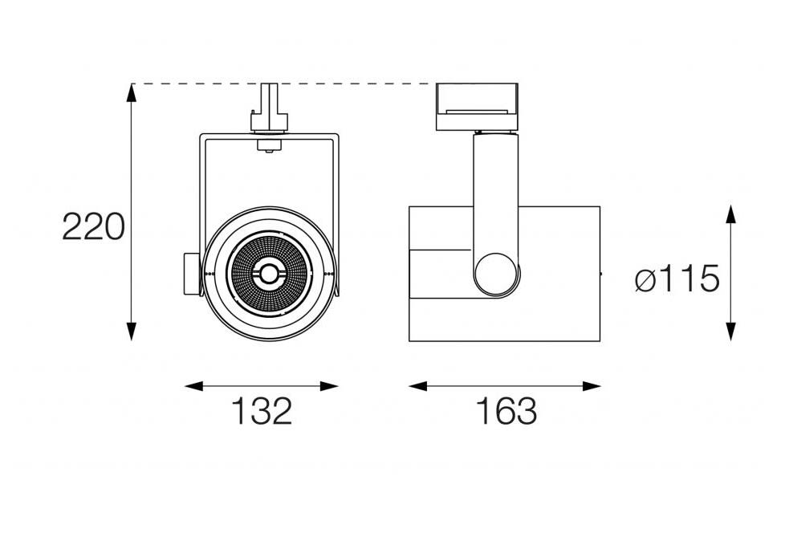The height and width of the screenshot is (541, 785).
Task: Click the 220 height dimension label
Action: click(93, 226)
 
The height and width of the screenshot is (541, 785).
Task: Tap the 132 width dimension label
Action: click(262, 411)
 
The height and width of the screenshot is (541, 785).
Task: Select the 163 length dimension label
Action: click(506, 411)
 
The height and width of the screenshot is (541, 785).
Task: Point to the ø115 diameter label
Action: click(677, 279)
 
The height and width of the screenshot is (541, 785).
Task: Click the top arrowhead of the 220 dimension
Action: click(131, 92)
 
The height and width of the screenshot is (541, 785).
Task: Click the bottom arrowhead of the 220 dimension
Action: click(131, 332)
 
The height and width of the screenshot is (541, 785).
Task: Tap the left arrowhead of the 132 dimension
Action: click(194, 386)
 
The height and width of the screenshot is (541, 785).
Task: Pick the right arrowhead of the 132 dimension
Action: click(329, 386)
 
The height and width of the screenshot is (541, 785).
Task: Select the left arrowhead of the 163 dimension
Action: click(418, 386)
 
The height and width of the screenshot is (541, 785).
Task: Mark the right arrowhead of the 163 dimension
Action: click(592, 386)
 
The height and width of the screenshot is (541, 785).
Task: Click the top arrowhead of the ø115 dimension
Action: click(731, 214)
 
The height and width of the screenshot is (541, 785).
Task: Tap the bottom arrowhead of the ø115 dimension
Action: click(731, 332)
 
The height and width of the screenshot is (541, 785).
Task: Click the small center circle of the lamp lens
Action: click(268, 274)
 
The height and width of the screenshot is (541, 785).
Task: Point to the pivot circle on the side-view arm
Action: click(497, 275)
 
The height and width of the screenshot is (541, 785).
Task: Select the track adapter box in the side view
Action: click(477, 107)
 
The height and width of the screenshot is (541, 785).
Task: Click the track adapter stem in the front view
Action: click(270, 108)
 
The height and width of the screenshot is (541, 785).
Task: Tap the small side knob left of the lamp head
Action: click(192, 275)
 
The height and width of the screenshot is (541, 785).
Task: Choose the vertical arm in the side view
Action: click(496, 200)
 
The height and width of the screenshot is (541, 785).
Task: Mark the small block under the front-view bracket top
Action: click(270, 145)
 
